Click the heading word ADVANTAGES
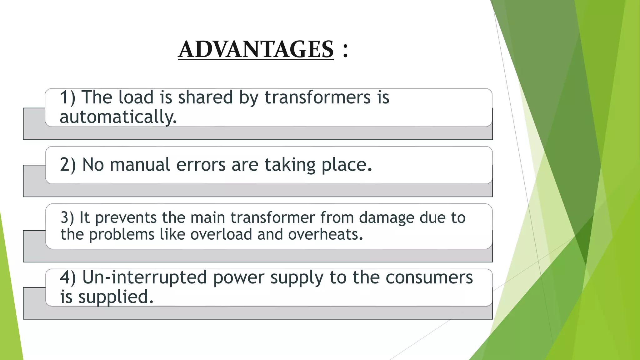click(x=256, y=49)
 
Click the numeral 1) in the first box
click(x=67, y=97)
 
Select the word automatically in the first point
click(x=118, y=117)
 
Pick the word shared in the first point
click(x=205, y=97)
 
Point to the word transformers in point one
click(x=317, y=97)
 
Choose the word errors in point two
click(x=201, y=165)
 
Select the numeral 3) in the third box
click(x=67, y=217)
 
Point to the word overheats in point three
click(x=325, y=234)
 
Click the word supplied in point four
click(x=116, y=297)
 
